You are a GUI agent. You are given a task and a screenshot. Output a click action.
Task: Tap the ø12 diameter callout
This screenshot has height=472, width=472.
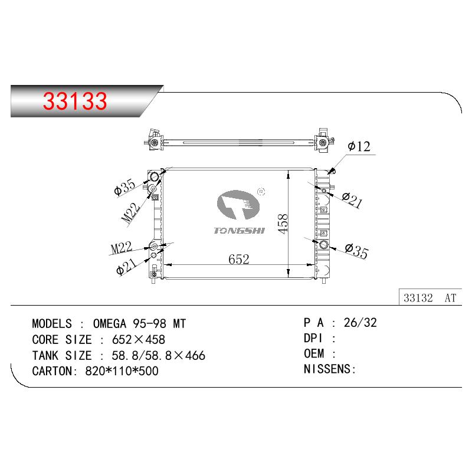tap(359, 146)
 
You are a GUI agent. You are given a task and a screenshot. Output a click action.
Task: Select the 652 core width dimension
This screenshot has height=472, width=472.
tap(239, 259)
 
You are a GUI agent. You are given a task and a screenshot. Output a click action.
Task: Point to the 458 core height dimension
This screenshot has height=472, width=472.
tap(283, 224)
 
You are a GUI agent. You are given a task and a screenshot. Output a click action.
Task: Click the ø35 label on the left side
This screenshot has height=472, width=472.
tap(125, 187)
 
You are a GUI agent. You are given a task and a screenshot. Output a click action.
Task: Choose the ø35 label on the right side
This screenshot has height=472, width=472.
tap(357, 251)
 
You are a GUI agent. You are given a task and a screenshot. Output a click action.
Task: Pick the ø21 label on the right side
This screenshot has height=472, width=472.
tap(352, 200)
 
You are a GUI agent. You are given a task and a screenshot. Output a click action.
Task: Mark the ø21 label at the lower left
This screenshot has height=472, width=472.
tap(126, 267)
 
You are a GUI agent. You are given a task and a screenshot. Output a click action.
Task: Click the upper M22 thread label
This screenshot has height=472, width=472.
tap(131, 213)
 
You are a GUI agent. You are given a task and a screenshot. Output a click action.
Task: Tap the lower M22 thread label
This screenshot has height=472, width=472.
tap(122, 247)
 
